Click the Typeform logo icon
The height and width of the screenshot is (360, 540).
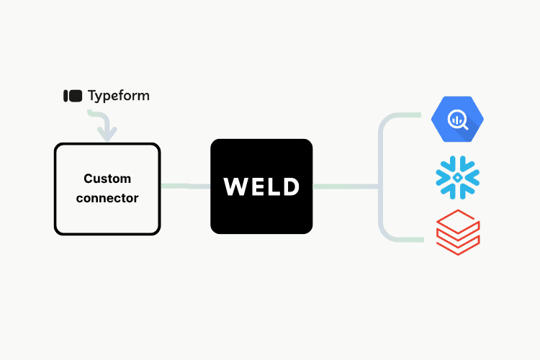[x=73, y=95]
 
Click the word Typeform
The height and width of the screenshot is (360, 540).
[x=119, y=96]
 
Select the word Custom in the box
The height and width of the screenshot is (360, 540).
[x=107, y=179]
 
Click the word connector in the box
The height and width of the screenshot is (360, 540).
[x=107, y=197]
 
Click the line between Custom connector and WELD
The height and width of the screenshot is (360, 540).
[x=185, y=186]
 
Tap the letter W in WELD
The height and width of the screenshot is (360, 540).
[x=235, y=186]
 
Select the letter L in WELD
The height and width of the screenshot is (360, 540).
[x=272, y=186]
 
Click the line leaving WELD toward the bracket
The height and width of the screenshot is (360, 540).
[x=346, y=186]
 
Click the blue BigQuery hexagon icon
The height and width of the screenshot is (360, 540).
[x=456, y=120]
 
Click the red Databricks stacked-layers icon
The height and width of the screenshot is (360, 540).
[x=458, y=232]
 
